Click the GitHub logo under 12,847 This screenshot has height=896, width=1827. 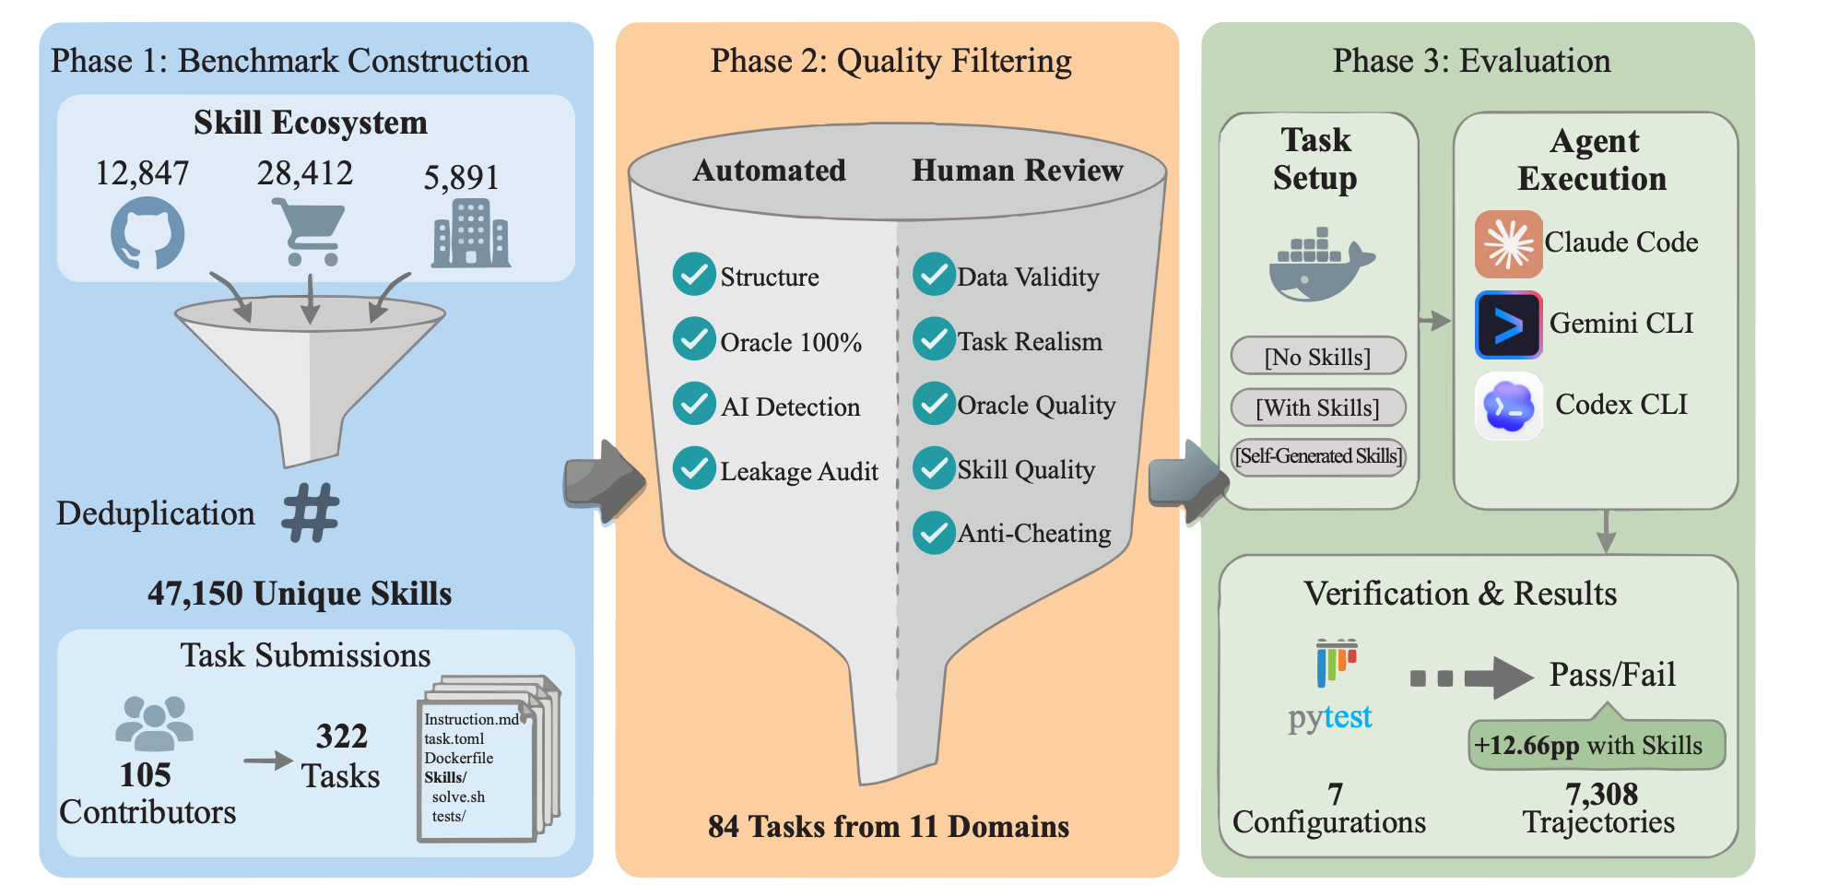point(147,235)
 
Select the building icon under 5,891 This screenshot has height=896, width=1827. point(471,234)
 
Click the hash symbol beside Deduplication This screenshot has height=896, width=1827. point(311,513)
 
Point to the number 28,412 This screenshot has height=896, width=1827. point(305,173)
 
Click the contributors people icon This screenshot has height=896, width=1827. point(154,723)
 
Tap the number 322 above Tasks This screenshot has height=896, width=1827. point(341,736)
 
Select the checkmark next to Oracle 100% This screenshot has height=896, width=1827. point(694,339)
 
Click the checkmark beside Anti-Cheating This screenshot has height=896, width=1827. point(935,533)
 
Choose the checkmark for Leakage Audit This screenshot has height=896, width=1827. point(694,468)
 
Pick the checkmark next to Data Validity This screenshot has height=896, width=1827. point(935,275)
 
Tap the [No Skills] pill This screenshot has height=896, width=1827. point(1318,356)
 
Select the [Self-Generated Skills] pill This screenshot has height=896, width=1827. point(1318,456)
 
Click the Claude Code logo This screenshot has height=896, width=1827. point(1508,244)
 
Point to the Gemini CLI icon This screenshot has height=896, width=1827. point(1508,325)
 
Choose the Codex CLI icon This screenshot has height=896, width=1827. point(1508,407)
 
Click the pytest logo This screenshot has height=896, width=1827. point(1331,687)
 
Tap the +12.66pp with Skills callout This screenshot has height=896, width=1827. point(1596,745)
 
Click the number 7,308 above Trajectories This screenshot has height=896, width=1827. point(1601,794)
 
